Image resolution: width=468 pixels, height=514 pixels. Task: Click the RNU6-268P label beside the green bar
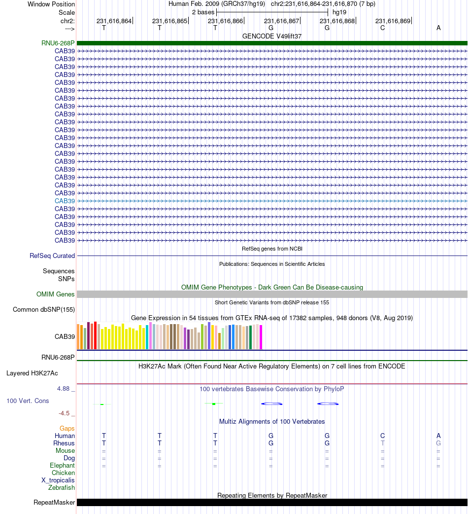click(x=58, y=43)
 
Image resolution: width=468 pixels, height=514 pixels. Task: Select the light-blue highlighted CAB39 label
click(x=65, y=201)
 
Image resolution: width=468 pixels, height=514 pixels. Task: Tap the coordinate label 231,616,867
click(x=281, y=21)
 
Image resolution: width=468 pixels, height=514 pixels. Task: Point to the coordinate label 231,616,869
click(x=393, y=21)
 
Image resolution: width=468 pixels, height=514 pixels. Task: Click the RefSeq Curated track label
click(x=52, y=256)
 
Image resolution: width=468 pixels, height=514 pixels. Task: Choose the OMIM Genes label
click(x=56, y=294)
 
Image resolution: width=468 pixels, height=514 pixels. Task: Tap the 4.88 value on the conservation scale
click(x=65, y=389)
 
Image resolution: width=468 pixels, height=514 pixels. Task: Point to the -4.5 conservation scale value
click(x=65, y=413)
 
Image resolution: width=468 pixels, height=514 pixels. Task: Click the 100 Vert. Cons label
click(x=28, y=401)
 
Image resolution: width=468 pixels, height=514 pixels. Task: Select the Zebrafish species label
click(x=62, y=488)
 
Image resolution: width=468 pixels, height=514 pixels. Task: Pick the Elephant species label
click(x=62, y=466)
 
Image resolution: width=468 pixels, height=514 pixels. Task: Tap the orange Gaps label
click(x=67, y=428)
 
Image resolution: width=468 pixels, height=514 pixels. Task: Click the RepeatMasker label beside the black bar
click(x=54, y=503)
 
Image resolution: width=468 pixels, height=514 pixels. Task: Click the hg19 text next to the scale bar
click(x=339, y=11)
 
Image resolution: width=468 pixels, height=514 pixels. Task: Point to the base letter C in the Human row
click(x=382, y=436)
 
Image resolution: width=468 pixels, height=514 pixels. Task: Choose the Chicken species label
click(x=63, y=473)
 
